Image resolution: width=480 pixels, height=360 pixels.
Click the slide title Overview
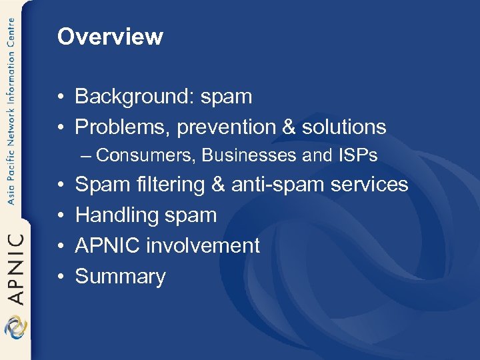(x=110, y=36)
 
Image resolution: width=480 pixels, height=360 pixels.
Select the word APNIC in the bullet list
(x=107, y=245)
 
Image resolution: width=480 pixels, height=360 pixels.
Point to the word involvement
(x=203, y=245)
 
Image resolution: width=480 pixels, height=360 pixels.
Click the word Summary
(x=120, y=277)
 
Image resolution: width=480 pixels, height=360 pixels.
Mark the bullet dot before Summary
(x=61, y=277)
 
